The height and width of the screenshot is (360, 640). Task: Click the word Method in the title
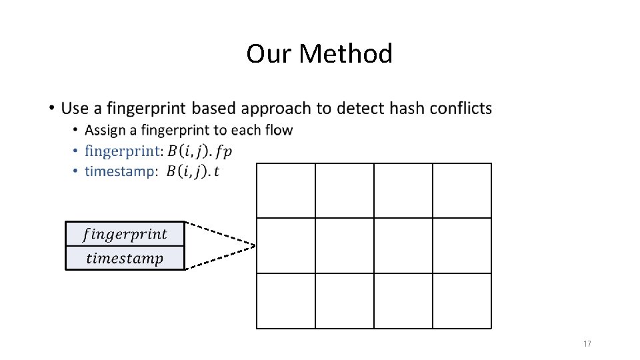(x=346, y=53)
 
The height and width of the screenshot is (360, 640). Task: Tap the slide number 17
(x=587, y=344)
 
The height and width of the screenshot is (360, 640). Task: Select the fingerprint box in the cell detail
(x=125, y=234)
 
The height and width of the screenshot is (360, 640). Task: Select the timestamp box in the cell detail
(x=125, y=258)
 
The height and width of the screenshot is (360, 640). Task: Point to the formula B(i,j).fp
(x=199, y=151)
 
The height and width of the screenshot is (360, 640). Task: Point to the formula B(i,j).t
(x=193, y=172)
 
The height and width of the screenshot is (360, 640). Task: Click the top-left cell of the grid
(x=286, y=191)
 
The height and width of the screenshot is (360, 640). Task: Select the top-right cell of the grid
(x=462, y=191)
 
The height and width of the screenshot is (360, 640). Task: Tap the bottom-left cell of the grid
(x=286, y=301)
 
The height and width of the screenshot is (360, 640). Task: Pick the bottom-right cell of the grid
(x=462, y=301)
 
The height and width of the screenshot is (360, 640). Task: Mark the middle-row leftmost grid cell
(x=286, y=245)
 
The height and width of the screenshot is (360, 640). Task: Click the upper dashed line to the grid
(x=220, y=233)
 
